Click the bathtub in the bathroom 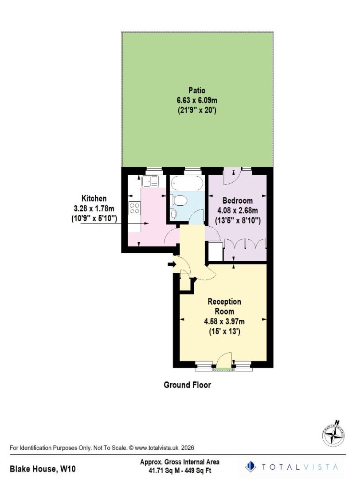(x=187, y=183)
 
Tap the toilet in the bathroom (x=180, y=201)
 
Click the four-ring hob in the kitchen (x=134, y=208)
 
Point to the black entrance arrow (x=172, y=265)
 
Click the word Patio (x=196, y=91)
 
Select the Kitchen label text (x=94, y=198)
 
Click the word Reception (x=224, y=302)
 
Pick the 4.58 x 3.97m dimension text (x=224, y=321)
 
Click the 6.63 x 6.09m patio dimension (x=196, y=101)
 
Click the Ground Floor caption (x=187, y=385)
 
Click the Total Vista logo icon (x=251, y=466)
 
